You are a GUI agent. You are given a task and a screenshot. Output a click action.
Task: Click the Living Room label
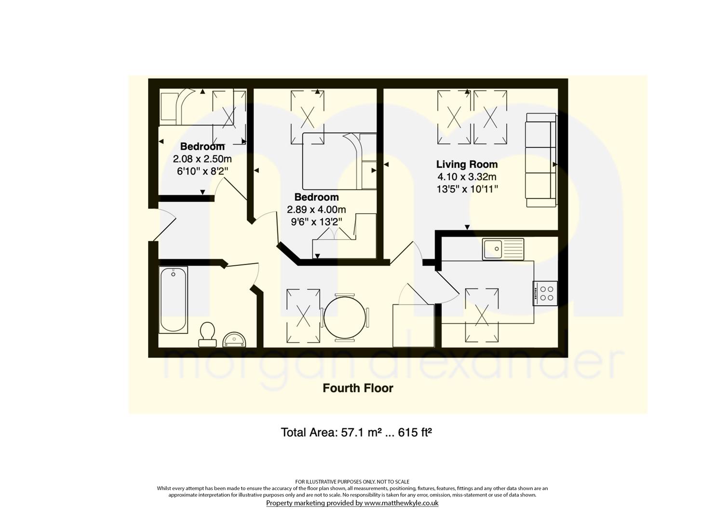coord(467,165)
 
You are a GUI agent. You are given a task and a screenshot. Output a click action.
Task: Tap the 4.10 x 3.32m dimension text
coord(467,177)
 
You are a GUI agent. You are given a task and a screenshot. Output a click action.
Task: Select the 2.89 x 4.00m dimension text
coord(316,209)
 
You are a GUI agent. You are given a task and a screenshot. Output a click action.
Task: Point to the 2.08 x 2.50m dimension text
coord(203,159)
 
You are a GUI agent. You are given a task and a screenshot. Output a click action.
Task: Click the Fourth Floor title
coord(358,388)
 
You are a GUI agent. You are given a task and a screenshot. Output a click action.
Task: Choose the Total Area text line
coord(356,432)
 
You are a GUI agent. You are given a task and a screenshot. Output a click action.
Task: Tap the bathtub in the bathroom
coord(173,300)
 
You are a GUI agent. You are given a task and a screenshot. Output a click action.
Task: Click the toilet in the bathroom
coord(207,334)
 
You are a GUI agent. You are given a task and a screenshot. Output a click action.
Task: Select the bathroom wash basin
coord(234,340)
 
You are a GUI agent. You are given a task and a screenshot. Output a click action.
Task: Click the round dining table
coord(345,317)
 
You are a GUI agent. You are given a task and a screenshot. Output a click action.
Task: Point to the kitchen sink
coord(503,249)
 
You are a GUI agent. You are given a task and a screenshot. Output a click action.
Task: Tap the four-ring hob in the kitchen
coord(545,293)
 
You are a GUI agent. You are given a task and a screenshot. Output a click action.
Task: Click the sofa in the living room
coord(541,160)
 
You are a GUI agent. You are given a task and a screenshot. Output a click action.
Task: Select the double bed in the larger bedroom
coord(339,161)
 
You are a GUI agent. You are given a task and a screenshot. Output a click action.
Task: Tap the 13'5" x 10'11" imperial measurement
coord(467,189)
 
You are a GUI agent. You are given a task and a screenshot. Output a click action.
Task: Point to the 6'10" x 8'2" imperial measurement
coord(203,171)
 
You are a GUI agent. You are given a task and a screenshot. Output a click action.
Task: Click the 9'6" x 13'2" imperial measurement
coord(316,221)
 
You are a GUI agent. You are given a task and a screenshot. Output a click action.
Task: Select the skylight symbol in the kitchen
coord(482,315)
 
